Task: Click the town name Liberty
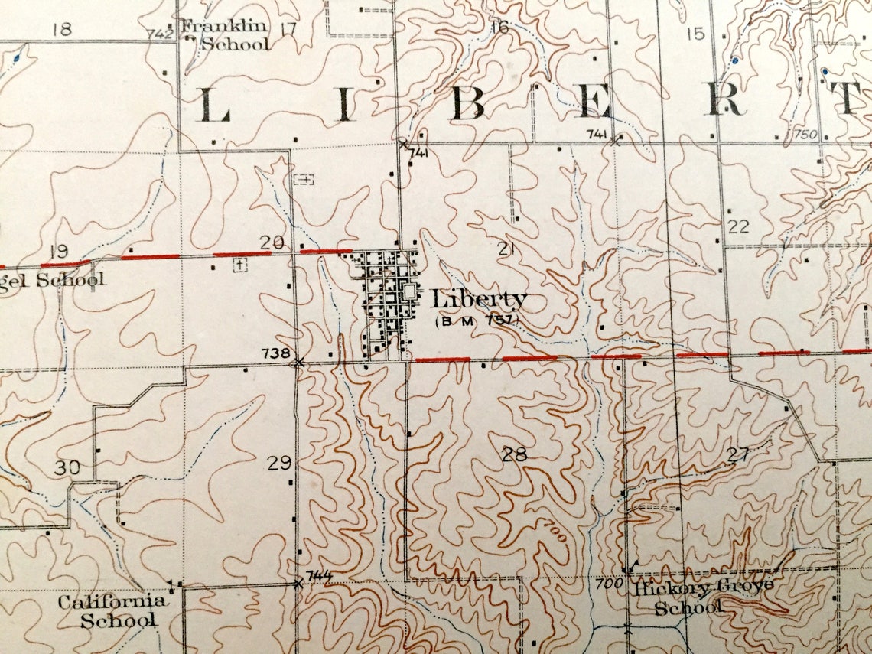point(479,299)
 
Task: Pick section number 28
point(515,455)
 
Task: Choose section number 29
point(279,462)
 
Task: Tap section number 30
point(67,467)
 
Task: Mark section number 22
point(738,226)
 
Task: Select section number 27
point(737,454)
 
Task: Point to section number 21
point(506,247)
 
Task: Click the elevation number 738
point(275,353)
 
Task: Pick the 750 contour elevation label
point(805,135)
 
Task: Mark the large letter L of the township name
point(215,106)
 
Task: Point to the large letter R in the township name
point(723,99)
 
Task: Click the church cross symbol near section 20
point(240,265)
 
